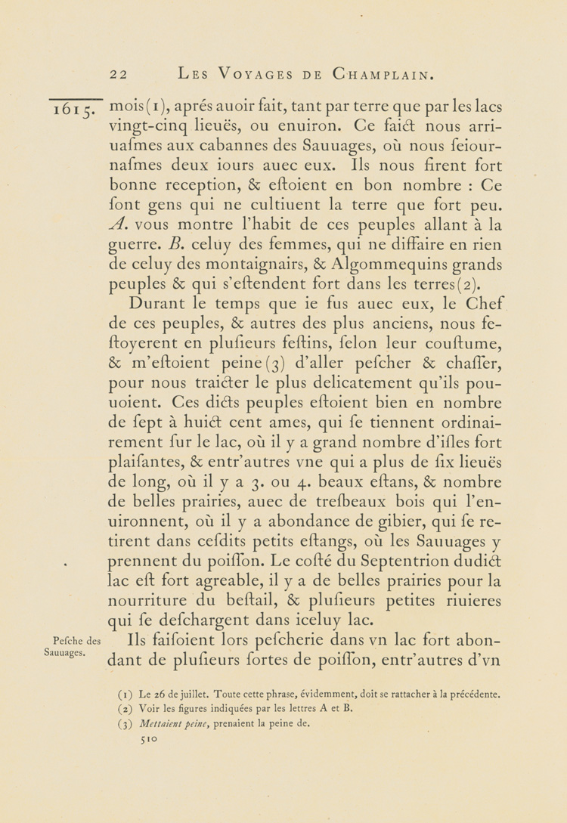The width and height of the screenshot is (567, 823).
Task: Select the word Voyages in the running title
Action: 246,75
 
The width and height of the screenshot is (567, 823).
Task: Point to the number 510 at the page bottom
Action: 150,741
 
